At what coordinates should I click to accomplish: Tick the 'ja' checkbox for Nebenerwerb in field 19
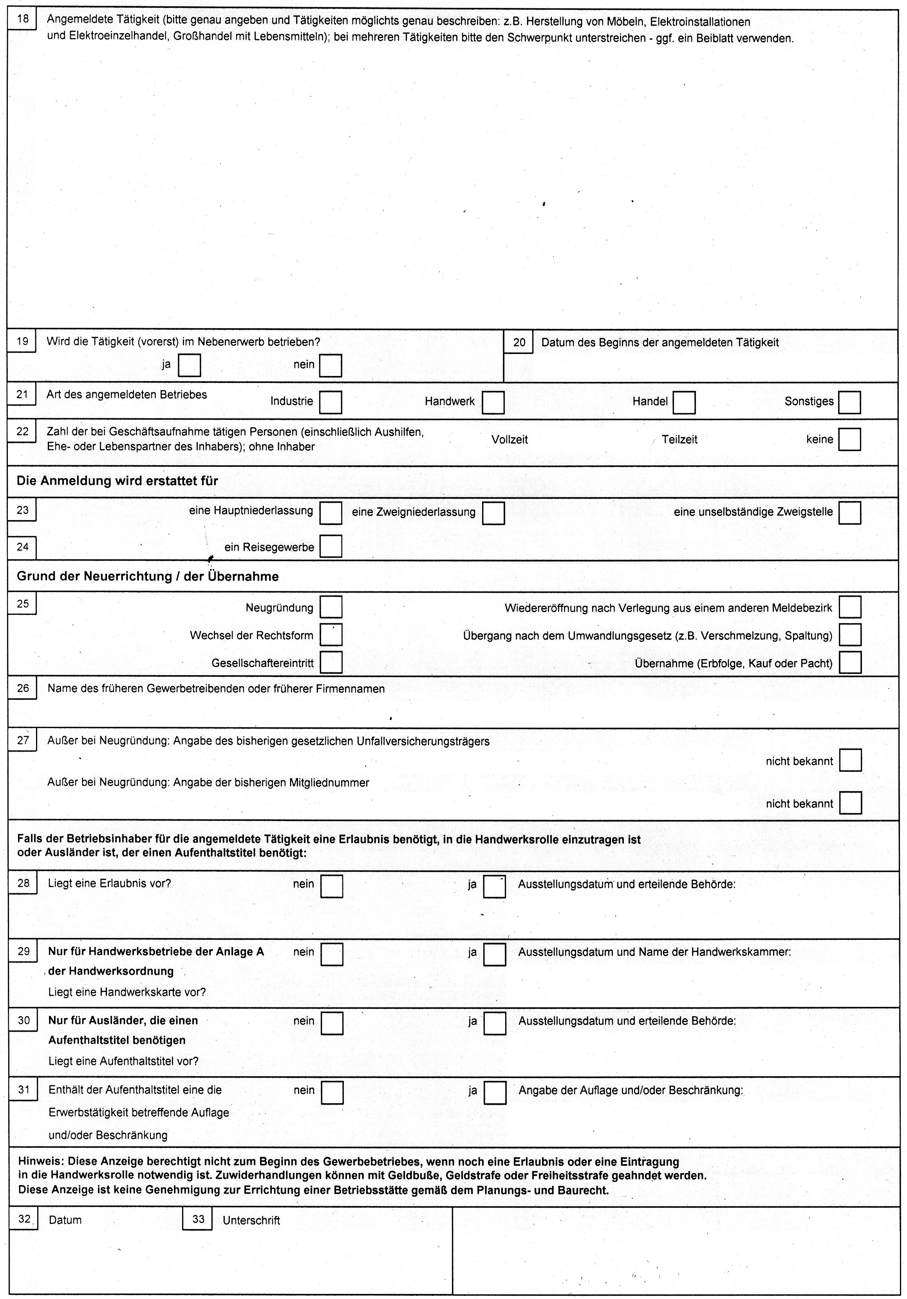pyautogui.click(x=189, y=365)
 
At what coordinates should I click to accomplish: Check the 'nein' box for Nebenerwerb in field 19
pyautogui.click(x=331, y=365)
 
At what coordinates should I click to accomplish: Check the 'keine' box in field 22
pyautogui.click(x=849, y=439)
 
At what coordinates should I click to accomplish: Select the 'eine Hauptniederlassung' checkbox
pyautogui.click(x=331, y=513)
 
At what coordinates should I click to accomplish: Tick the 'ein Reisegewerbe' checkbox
pyautogui.click(x=331, y=547)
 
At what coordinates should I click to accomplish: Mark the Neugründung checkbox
pyautogui.click(x=331, y=607)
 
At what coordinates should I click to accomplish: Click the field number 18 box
pyautogui.click(x=22, y=19)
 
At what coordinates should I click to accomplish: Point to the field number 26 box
pyautogui.click(x=23, y=688)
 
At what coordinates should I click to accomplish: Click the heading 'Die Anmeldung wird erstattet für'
pyautogui.click(x=117, y=481)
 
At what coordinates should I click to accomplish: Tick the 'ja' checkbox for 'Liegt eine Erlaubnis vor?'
pyautogui.click(x=495, y=887)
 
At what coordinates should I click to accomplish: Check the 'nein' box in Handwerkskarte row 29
pyautogui.click(x=332, y=954)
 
